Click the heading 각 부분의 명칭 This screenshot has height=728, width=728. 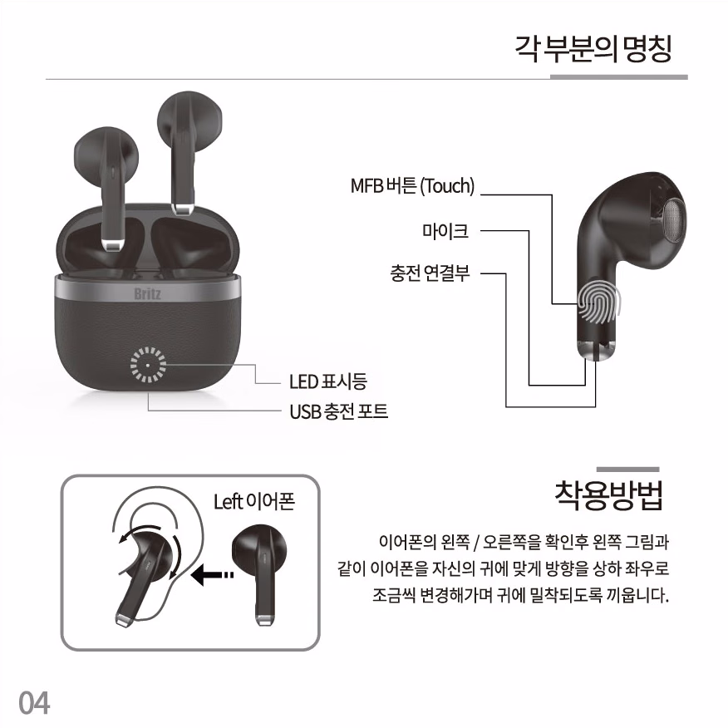pyautogui.click(x=593, y=49)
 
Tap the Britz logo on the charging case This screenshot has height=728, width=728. pyautogui.click(x=148, y=293)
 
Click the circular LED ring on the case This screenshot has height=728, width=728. pyautogui.click(x=148, y=365)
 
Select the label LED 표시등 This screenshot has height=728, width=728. pyautogui.click(x=328, y=381)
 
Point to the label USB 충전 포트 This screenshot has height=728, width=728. pyautogui.click(x=339, y=411)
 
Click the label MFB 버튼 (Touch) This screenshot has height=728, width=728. pyautogui.click(x=412, y=186)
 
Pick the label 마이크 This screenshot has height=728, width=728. pyautogui.click(x=445, y=230)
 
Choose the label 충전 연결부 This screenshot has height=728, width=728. pyautogui.click(x=430, y=273)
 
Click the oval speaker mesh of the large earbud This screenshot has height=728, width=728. pyautogui.click(x=674, y=221)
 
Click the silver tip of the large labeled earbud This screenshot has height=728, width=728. pyautogui.click(x=597, y=351)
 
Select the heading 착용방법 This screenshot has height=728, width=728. pyautogui.click(x=608, y=495)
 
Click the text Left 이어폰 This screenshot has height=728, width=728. pyautogui.click(x=254, y=502)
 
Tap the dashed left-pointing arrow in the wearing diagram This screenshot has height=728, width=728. pyautogui.click(x=212, y=575)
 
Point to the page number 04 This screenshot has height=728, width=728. pyautogui.click(x=34, y=703)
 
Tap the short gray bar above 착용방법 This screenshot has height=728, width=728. pyautogui.click(x=627, y=470)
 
